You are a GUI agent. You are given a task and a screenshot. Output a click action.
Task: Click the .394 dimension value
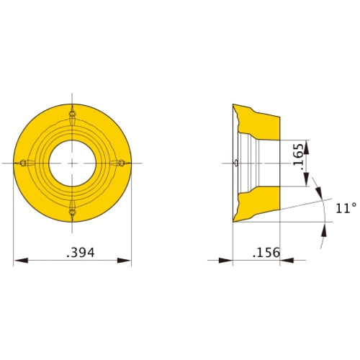[81, 253]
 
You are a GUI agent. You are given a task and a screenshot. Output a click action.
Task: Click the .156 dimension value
[266, 253]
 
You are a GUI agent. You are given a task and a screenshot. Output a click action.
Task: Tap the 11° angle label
[346, 208]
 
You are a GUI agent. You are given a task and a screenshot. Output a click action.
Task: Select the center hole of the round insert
[72, 163]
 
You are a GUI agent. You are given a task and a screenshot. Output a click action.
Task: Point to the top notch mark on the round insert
[72, 114]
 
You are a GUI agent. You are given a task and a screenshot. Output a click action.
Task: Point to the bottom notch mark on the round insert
[72, 212]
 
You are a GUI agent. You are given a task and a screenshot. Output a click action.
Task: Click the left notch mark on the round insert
[23, 163]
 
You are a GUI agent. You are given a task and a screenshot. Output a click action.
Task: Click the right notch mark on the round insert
[121, 163]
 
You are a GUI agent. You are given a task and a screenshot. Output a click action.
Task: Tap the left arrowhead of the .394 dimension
[20, 260]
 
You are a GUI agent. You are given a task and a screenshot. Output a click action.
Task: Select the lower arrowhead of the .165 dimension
[307, 181]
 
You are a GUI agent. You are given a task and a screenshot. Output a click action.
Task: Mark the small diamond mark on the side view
[237, 163]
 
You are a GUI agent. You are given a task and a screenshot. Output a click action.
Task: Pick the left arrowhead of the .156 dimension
[226, 260]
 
